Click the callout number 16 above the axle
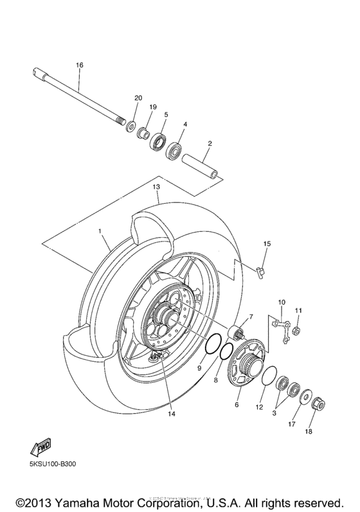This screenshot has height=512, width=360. [x=80, y=66]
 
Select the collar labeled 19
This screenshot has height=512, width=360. [x=145, y=134]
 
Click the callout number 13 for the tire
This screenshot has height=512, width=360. [x=156, y=186]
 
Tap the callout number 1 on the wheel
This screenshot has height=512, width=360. [x=100, y=230]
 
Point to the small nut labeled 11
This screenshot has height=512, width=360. [x=297, y=331]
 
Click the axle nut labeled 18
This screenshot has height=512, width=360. [x=318, y=405]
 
